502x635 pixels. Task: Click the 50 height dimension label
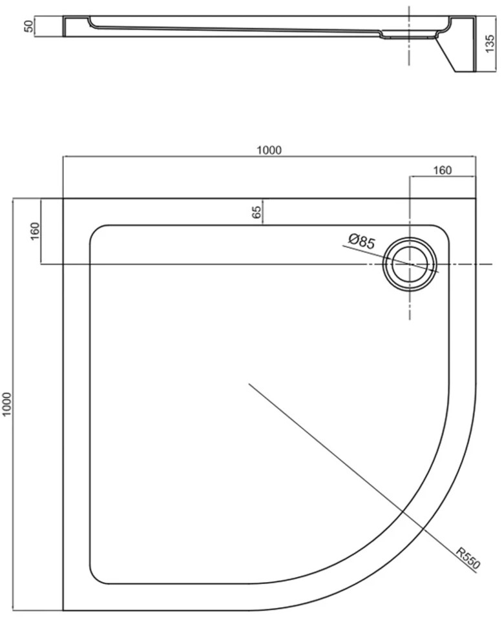coord(28,26)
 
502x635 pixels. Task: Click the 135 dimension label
coord(490,43)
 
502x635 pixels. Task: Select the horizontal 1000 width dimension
coord(269,150)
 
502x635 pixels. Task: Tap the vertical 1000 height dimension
coord(7,404)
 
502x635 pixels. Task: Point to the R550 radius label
coord(468,558)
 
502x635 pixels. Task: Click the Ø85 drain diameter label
coord(362,241)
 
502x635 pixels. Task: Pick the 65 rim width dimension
coord(256,212)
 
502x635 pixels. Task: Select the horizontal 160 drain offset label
coord(442,170)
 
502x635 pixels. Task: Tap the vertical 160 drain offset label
coord(36,231)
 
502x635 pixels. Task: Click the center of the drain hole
coord(410,264)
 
